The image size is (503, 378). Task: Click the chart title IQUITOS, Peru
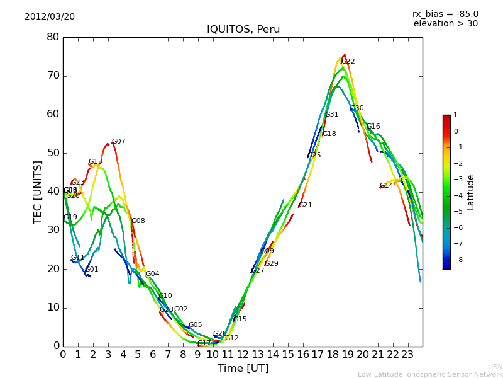tap(243, 30)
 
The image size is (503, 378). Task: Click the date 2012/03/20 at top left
tap(50, 16)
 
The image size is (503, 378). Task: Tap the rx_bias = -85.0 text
tap(445, 14)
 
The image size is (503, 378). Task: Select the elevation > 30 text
tap(445, 24)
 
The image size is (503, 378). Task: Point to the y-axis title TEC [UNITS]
tap(38, 192)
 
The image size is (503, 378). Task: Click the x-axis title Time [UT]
tap(243, 369)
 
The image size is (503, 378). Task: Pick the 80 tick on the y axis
tap(53, 37)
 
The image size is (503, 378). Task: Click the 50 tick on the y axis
tap(53, 153)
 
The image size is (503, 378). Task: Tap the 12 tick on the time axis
tap(243, 355)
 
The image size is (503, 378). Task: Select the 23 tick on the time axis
tap(407, 355)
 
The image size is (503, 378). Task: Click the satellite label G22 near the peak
tap(348, 62)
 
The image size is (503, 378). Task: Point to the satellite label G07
tap(119, 142)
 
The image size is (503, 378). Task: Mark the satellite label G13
tap(96, 162)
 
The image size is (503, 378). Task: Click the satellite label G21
tap(306, 205)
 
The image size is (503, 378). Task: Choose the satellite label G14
tap(386, 186)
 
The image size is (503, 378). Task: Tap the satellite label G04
tap(153, 274)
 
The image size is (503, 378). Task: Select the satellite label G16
tap(373, 127)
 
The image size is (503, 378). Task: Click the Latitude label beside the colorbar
tap(471, 192)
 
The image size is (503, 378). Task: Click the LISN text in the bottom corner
tap(495, 367)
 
